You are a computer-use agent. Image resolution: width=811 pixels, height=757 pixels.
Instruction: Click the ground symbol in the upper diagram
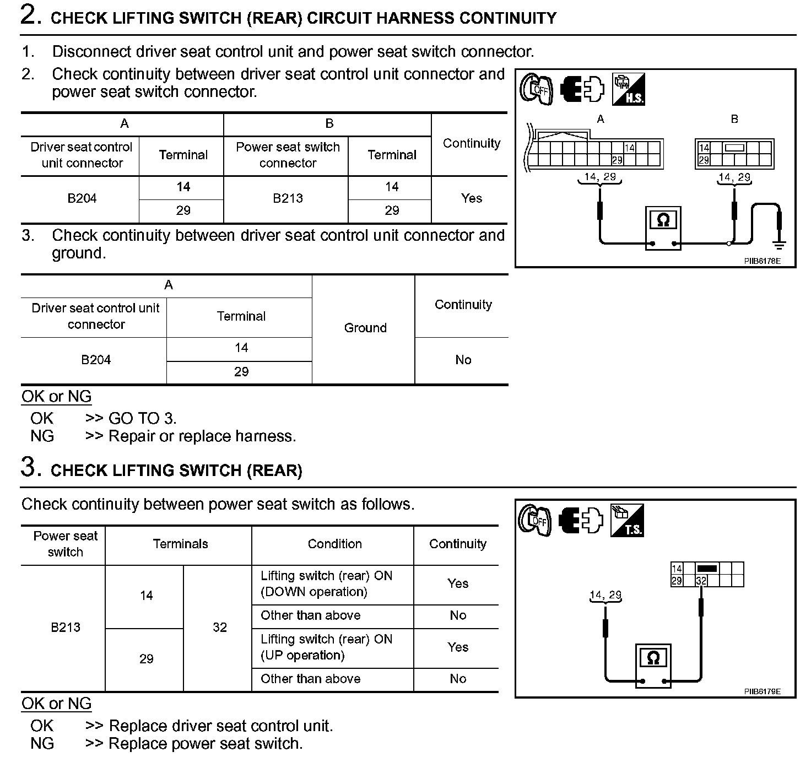click(x=779, y=243)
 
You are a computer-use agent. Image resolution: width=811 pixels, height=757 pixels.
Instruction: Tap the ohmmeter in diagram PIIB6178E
click(x=663, y=228)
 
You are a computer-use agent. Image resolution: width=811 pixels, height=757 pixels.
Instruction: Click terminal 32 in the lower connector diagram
click(x=701, y=581)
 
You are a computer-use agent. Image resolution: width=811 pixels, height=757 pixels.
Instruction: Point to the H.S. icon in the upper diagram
click(x=628, y=90)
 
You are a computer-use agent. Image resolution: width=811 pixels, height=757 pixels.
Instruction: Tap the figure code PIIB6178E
click(x=762, y=261)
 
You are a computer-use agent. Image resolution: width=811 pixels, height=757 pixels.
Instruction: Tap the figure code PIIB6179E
click(x=762, y=691)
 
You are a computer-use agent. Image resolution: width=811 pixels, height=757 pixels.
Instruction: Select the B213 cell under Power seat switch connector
click(x=288, y=198)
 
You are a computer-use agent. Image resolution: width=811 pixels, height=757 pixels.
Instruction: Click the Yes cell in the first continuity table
click(x=471, y=198)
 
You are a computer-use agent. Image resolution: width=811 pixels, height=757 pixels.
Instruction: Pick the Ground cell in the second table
click(x=365, y=328)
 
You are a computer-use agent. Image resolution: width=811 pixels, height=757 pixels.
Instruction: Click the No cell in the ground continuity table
click(x=463, y=360)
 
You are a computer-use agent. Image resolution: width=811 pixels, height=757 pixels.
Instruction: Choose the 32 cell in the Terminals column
click(x=219, y=627)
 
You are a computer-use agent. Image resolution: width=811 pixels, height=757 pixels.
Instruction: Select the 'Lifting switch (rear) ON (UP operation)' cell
click(x=326, y=647)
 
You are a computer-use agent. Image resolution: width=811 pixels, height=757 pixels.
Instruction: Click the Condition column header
click(x=334, y=544)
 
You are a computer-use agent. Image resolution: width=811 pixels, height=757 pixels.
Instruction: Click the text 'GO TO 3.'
click(x=142, y=418)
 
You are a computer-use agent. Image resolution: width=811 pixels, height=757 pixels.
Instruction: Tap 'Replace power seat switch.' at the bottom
click(x=206, y=743)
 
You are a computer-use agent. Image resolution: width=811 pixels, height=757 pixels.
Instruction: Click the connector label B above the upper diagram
click(x=734, y=119)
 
